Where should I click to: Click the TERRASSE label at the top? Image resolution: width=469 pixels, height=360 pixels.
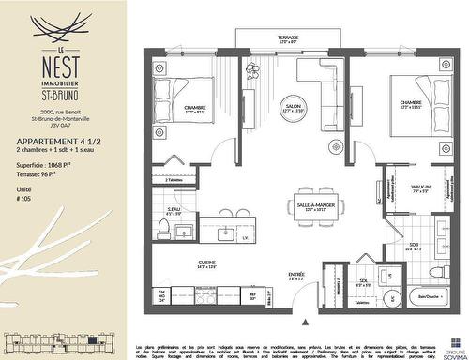(287, 37)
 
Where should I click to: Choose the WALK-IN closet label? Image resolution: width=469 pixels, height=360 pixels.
(419, 187)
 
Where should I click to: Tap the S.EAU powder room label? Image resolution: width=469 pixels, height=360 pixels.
(174, 209)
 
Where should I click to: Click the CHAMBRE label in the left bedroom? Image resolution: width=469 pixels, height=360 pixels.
(195, 108)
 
